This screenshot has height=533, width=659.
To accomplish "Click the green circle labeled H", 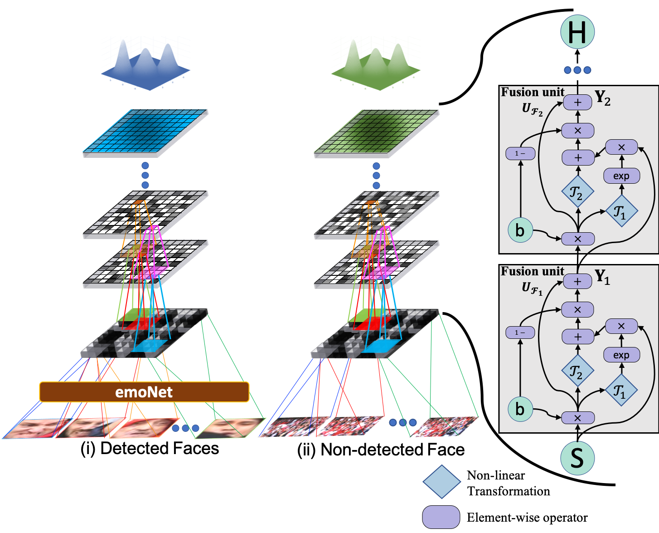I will click(577, 32).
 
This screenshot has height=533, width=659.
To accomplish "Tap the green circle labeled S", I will click(577, 458).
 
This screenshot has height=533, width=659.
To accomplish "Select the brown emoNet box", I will click(144, 392).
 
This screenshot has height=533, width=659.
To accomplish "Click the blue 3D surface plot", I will click(145, 63).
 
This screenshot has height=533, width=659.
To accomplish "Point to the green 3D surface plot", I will click(376, 63).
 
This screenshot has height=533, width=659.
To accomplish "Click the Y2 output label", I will click(602, 98).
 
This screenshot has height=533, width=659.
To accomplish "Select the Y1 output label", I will click(602, 277).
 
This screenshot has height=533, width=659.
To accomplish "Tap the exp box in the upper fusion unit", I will click(621, 176).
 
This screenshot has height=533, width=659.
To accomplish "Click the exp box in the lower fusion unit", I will click(621, 355).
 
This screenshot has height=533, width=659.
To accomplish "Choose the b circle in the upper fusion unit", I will click(520, 230).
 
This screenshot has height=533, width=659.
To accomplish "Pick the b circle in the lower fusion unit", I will click(520, 409).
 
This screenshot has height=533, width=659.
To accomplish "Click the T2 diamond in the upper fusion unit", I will click(577, 192).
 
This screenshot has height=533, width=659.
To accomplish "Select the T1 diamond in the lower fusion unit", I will click(621, 390).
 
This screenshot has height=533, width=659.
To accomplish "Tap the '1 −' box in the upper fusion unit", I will click(520, 153).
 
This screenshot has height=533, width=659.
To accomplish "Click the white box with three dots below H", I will click(577, 71).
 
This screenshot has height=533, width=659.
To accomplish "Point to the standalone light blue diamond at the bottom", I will click(441, 482).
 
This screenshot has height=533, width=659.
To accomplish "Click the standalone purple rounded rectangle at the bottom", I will click(441, 517).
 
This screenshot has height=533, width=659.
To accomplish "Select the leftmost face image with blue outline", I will click(36, 428).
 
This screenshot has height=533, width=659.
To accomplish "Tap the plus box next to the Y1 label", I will click(577, 282).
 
